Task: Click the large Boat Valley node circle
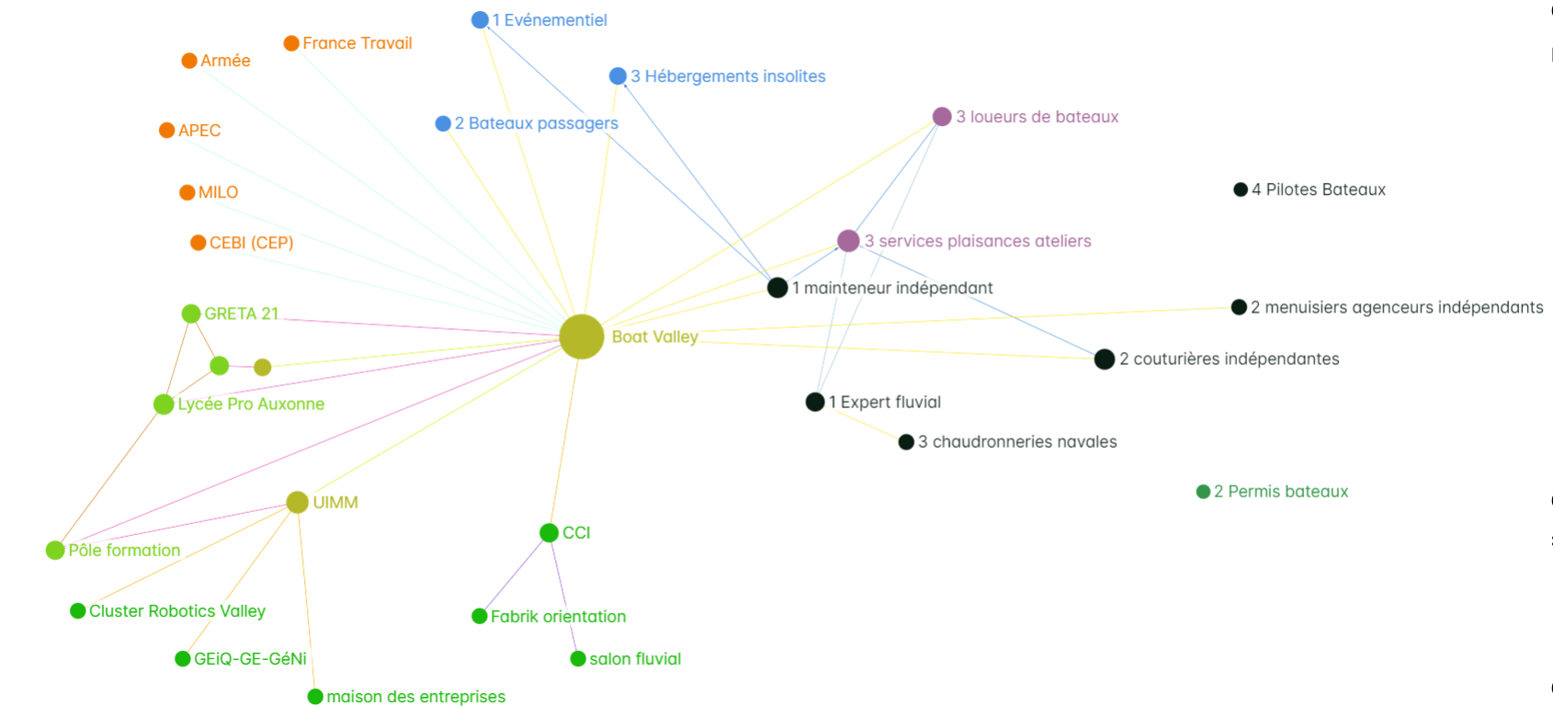[x=582, y=337]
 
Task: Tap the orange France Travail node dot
[x=291, y=44]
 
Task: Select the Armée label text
[x=225, y=61]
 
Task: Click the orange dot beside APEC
[x=166, y=131]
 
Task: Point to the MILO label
[x=219, y=192]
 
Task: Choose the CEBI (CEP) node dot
[x=198, y=243]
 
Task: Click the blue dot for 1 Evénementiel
[x=480, y=20]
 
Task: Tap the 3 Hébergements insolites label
[x=728, y=76]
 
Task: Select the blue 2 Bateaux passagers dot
[x=443, y=124]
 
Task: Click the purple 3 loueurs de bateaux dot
[x=942, y=117]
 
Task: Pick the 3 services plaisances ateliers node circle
[x=848, y=241]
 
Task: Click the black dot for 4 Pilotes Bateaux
[x=1241, y=190]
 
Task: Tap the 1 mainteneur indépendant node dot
[x=777, y=288]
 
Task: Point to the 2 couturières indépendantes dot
[x=1105, y=359]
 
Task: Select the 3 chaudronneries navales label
[x=1017, y=442]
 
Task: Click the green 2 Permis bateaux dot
[x=1204, y=492]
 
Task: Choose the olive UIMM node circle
[x=298, y=502]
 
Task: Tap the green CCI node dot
[x=550, y=532]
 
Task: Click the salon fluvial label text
[x=635, y=659]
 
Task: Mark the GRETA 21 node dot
[x=190, y=313]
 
